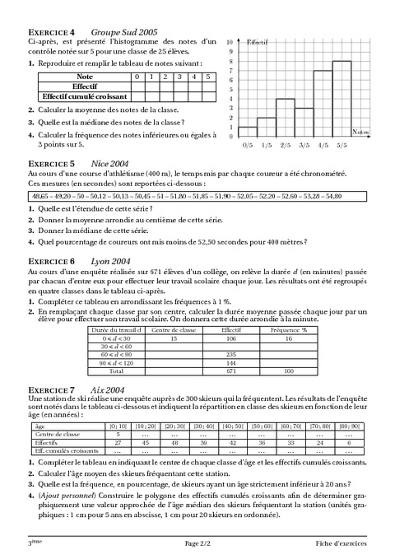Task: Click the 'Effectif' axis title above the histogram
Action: [258, 40]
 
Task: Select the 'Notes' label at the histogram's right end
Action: [360, 132]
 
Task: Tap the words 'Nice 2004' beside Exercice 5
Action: [107, 163]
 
